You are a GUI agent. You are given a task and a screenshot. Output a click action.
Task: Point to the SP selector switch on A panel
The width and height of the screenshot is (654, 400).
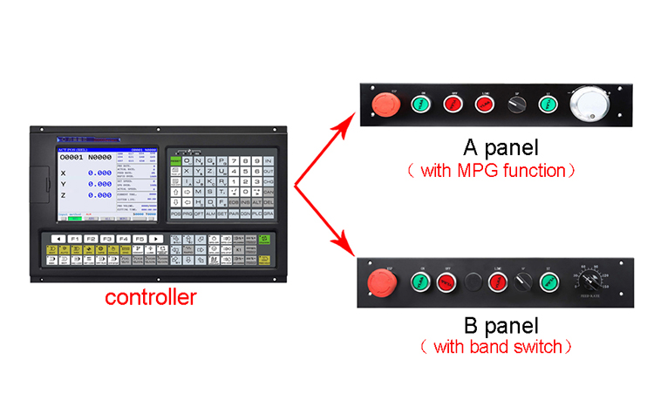point(516,105)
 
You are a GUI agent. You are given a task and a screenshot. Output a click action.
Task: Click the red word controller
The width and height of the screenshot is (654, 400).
point(150,298)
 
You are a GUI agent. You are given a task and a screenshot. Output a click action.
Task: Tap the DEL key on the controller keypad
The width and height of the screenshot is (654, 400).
point(269,201)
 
